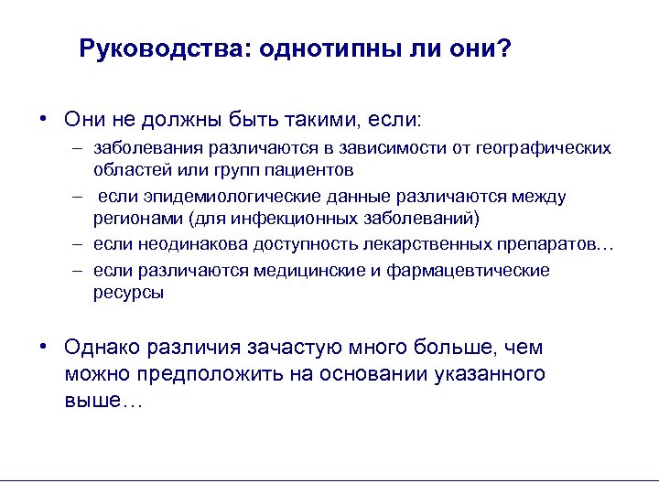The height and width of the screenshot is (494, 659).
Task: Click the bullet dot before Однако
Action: [44, 347]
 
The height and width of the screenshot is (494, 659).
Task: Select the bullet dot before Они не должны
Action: [44, 119]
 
